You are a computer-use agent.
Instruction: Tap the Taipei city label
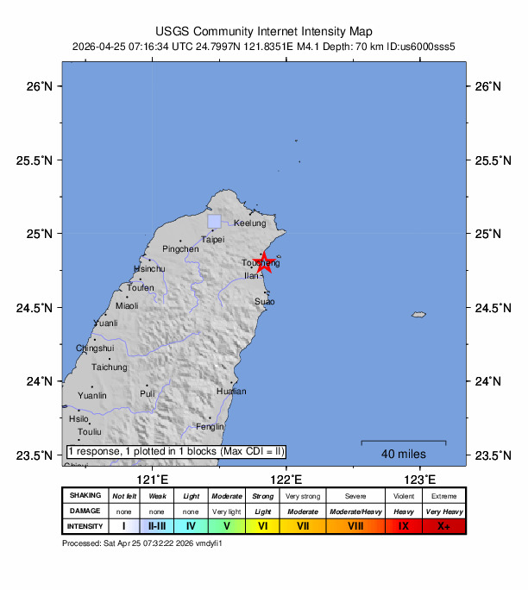coord(213,240)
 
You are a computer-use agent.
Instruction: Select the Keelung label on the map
coord(250,223)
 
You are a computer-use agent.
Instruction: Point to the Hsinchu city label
coord(149,268)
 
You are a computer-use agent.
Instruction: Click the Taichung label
coord(110,367)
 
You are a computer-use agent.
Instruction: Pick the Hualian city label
coord(230,392)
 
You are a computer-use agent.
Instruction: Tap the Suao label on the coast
coord(265,302)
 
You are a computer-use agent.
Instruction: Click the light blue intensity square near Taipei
coord(214,222)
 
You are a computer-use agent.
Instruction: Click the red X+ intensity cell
coord(443,526)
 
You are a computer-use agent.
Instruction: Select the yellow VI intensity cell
coord(265,526)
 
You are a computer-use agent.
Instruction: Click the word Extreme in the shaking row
coord(443,496)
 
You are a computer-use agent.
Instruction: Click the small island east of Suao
coord(419,315)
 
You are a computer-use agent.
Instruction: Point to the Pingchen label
coord(180,248)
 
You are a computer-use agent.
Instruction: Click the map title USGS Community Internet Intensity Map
coord(264,31)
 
